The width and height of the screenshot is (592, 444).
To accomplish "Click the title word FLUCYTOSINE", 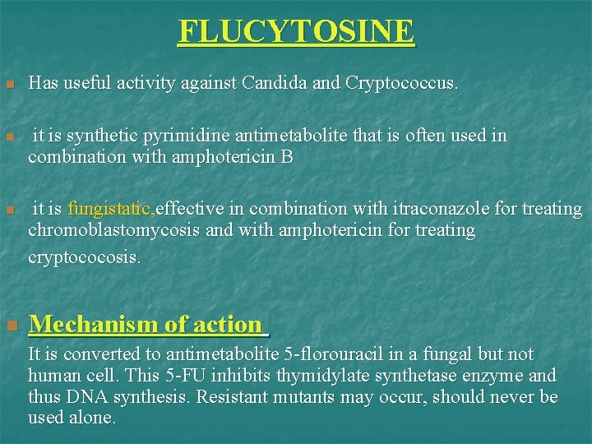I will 296,32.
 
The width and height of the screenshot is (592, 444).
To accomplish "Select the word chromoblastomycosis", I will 114,230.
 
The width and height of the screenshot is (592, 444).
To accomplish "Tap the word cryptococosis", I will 84,257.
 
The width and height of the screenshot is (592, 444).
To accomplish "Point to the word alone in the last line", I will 90,418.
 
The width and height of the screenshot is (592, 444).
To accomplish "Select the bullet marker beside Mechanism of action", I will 10,326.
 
